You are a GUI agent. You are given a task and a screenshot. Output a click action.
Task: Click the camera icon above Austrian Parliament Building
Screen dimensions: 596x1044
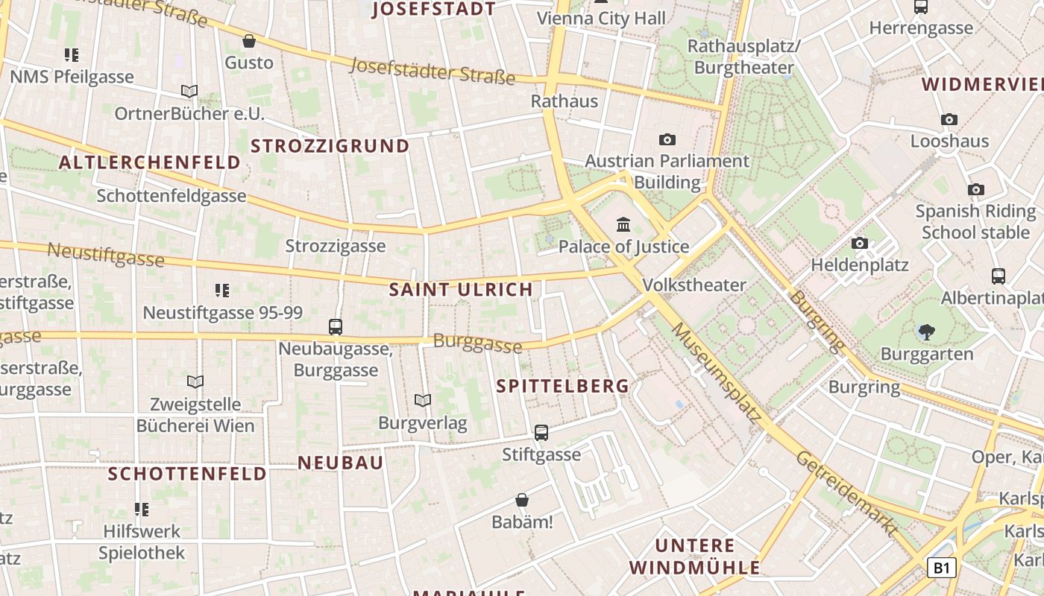click(x=667, y=139)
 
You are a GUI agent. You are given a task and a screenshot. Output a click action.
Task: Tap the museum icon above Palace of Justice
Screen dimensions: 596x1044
click(x=623, y=224)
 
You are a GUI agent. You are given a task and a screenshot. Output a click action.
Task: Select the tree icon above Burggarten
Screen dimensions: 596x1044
click(x=927, y=332)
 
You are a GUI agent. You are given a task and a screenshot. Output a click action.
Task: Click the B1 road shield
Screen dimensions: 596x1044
click(x=941, y=568)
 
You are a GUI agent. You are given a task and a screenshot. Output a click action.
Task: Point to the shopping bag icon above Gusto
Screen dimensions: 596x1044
click(x=249, y=41)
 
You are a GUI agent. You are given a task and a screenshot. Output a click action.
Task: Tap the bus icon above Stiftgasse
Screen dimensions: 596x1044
click(x=541, y=432)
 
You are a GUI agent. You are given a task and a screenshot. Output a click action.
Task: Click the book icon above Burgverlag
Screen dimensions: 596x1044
click(x=423, y=401)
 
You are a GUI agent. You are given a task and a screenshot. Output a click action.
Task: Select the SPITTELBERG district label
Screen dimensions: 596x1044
click(x=563, y=386)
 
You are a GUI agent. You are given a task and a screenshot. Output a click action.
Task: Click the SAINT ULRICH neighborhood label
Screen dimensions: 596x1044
click(x=462, y=290)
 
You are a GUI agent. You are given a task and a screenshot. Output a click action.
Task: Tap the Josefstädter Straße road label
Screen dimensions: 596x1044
click(x=433, y=71)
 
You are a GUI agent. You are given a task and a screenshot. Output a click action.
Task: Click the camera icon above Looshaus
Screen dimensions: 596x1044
click(x=949, y=119)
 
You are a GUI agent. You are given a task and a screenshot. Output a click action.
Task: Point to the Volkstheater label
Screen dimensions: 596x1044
click(x=694, y=285)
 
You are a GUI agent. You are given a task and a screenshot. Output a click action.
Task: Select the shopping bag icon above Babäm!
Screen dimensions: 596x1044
click(x=522, y=500)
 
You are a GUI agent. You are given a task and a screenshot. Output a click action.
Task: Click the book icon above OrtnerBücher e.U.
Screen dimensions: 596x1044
click(x=189, y=92)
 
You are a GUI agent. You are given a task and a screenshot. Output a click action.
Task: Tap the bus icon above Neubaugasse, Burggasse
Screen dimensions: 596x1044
click(x=336, y=326)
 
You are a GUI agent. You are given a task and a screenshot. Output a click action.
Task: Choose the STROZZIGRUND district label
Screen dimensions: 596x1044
click(x=330, y=146)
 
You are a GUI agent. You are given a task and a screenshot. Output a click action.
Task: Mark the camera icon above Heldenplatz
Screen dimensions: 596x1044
click(x=860, y=243)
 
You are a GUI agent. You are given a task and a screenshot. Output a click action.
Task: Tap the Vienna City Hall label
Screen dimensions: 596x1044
click(x=601, y=19)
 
